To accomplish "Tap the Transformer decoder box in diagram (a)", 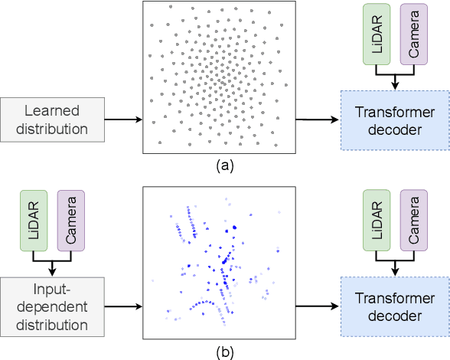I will pos(393,120).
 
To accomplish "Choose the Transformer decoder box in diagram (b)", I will pos(393,307).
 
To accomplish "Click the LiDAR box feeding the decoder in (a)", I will pos(376,34).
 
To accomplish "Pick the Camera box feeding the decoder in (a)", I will pos(413,34).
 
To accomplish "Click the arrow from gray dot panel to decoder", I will pos(317,119).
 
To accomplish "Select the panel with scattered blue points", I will pos(220,264).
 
